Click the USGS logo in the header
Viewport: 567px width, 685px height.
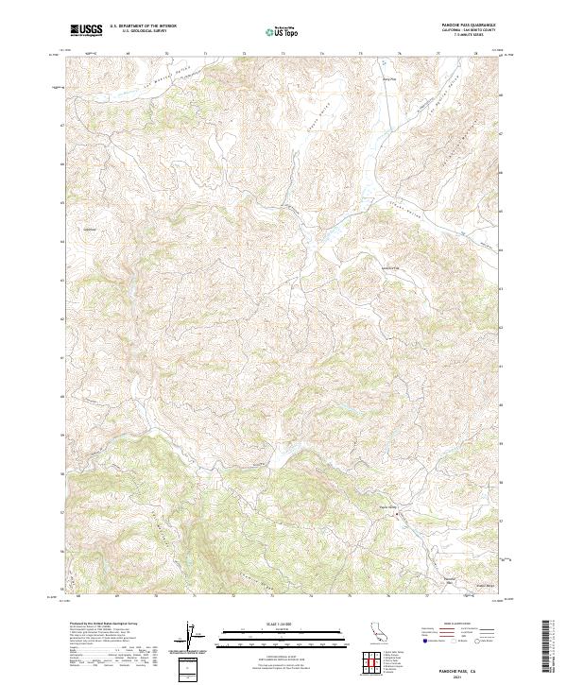tap(86, 30)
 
